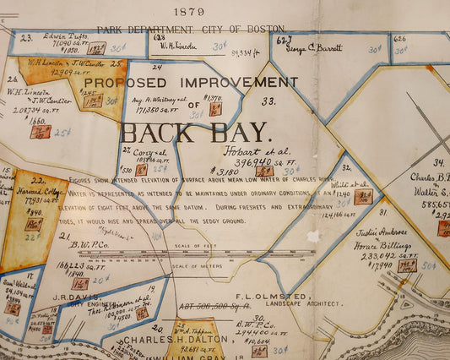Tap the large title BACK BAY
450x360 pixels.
[x=196, y=133]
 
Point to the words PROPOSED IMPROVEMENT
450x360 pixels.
[x=191, y=83]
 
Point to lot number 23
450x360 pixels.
[x=26, y=37]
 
